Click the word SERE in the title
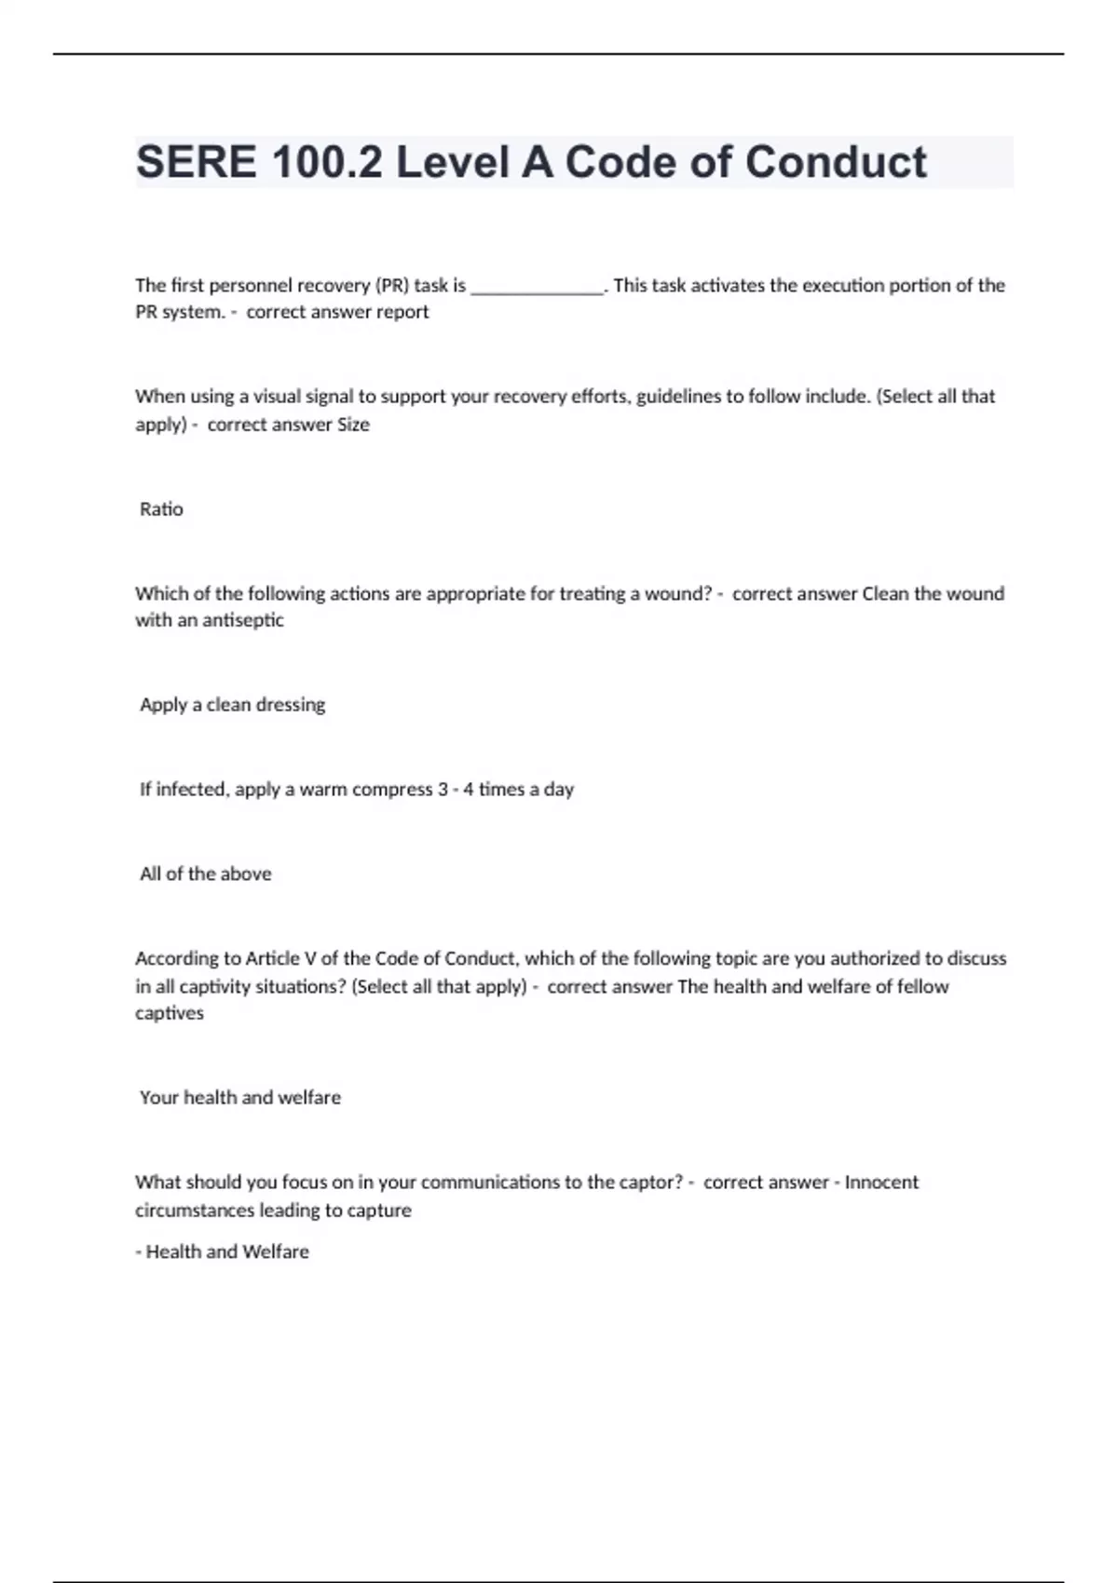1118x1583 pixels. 196,163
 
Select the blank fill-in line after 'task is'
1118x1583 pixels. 538,287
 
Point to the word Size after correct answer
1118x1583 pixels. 353,425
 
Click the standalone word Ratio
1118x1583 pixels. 161,509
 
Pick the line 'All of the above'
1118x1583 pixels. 205,873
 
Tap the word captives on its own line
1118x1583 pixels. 169,1013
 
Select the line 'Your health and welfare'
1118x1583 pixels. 239,1098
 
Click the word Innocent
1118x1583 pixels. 881,1183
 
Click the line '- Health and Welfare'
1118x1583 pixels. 222,1252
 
